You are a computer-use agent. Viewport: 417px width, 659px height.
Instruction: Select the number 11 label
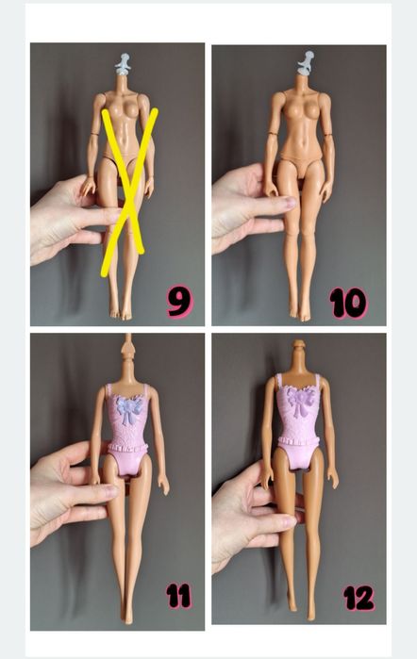pyautogui.click(x=178, y=595)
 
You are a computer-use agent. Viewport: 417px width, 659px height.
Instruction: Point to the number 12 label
pyautogui.click(x=358, y=597)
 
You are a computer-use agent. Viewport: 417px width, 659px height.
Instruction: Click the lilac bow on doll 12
pyautogui.click(x=300, y=400)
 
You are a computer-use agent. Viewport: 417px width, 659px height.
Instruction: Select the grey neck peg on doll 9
pyautogui.click(x=123, y=65)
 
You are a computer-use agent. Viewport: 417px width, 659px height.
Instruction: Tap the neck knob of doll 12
pyautogui.click(x=300, y=351)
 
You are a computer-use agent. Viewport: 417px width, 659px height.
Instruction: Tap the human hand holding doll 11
pyautogui.click(x=66, y=490)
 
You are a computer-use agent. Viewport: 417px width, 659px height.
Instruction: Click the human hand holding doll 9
pyautogui.click(x=66, y=217)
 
